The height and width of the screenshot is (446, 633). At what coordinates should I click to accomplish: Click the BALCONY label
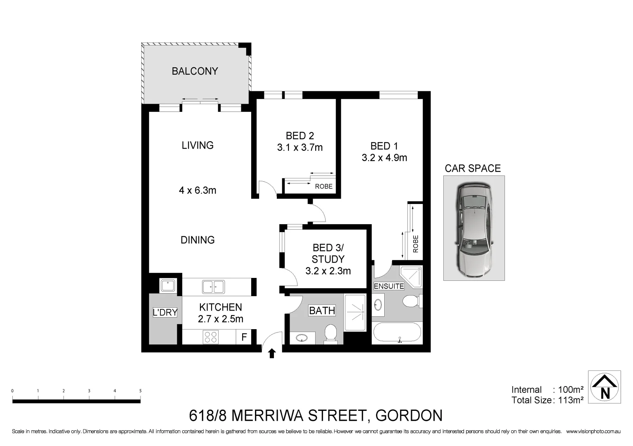point(195,71)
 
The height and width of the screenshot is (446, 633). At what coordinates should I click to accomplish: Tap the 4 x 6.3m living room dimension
point(198,190)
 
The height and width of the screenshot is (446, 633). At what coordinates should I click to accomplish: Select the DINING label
point(198,240)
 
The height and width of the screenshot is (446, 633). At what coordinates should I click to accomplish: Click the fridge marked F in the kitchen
point(244,337)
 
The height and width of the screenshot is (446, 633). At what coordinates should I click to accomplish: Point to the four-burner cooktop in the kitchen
point(210,337)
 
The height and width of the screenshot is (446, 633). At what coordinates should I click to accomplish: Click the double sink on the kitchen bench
point(213,287)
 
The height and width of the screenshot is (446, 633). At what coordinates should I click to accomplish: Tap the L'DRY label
point(165,313)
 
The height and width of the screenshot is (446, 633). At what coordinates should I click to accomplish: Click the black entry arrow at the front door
point(272,353)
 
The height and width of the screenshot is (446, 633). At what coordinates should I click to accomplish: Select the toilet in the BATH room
point(331,334)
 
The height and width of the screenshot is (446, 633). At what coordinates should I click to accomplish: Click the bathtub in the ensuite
point(397,333)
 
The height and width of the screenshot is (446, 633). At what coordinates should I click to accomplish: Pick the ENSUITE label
point(389,286)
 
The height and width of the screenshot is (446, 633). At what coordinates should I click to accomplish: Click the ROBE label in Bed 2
point(324,187)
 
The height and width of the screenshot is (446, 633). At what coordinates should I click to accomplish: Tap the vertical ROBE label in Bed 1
point(416,244)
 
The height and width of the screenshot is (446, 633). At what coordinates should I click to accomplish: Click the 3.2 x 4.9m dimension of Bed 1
point(384,158)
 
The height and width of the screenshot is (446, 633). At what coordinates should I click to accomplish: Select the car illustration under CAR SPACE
point(474,228)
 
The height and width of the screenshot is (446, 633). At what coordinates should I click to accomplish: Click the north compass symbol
point(604,387)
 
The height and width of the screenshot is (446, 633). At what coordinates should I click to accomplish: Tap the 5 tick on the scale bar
point(140,391)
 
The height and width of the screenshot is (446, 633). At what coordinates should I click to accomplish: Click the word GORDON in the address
point(409,415)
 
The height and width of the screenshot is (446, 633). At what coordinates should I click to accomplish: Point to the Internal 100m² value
point(571,390)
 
